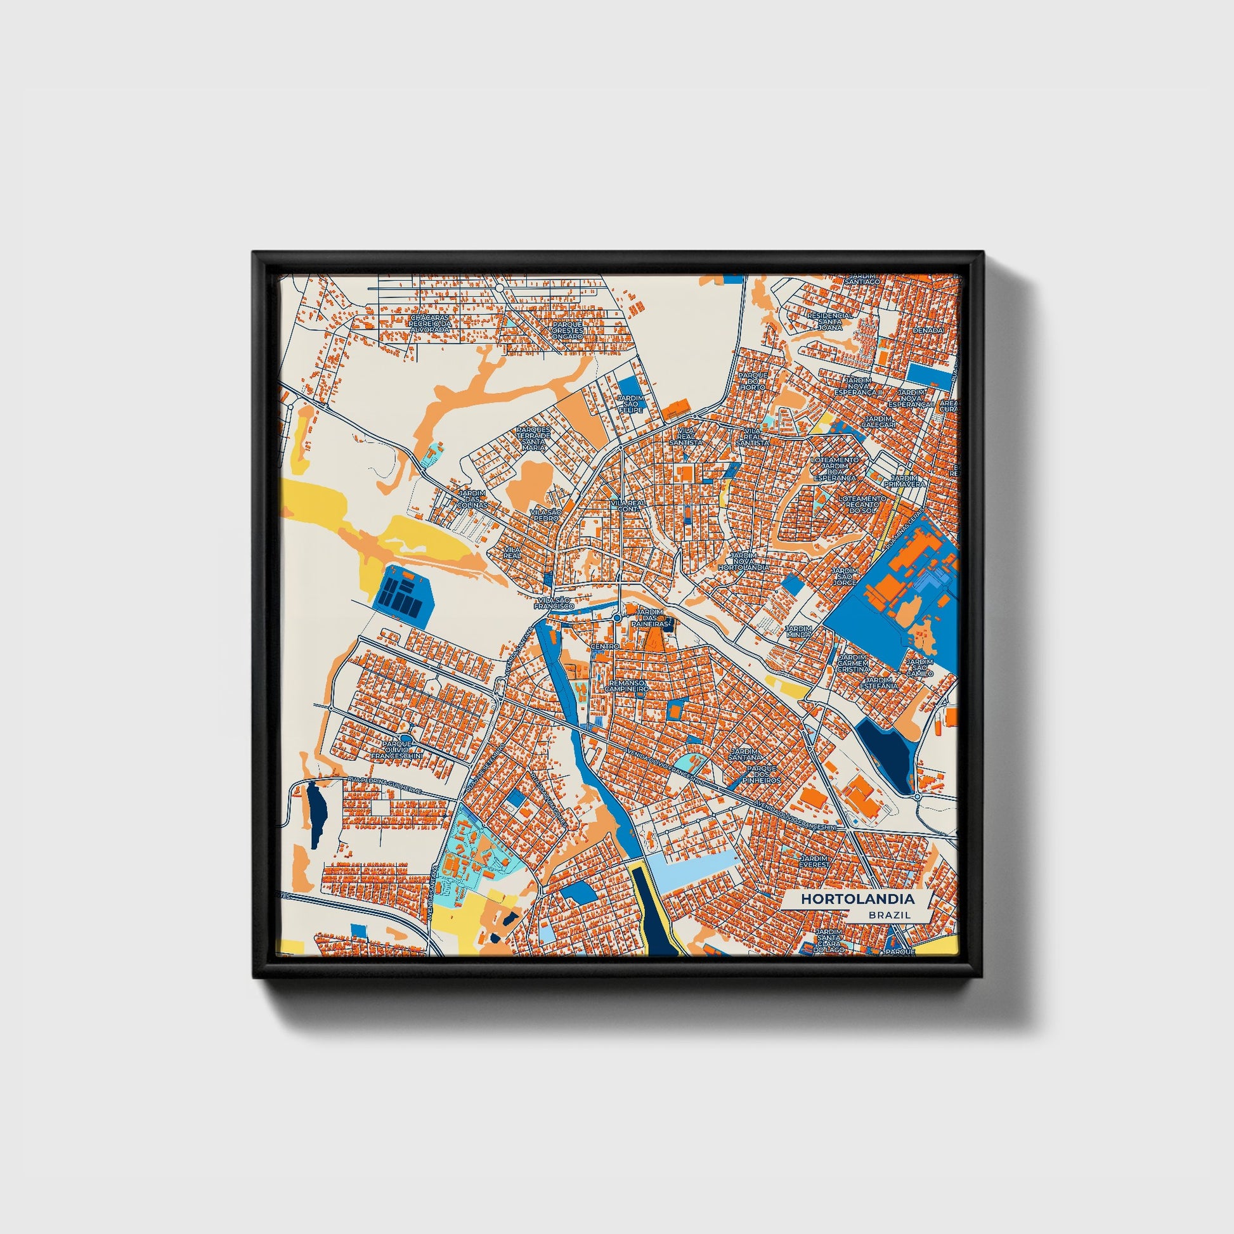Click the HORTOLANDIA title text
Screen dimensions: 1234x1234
(x=858, y=899)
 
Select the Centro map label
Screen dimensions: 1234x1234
(x=605, y=646)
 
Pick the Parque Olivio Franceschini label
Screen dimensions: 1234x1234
(x=398, y=750)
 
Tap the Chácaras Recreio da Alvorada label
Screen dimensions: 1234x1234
(x=429, y=323)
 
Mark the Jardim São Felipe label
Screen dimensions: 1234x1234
(x=630, y=404)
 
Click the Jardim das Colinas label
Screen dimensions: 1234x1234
(x=472, y=499)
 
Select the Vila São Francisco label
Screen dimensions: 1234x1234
(x=554, y=603)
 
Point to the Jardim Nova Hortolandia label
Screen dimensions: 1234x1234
(x=743, y=561)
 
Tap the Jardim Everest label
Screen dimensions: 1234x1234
(x=814, y=861)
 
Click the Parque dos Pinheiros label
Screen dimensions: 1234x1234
(x=763, y=774)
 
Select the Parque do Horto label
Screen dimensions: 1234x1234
(x=753, y=380)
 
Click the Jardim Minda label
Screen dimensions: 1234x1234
(x=799, y=632)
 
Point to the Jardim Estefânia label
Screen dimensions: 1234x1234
(x=878, y=683)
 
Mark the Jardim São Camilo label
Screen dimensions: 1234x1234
(x=919, y=668)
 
